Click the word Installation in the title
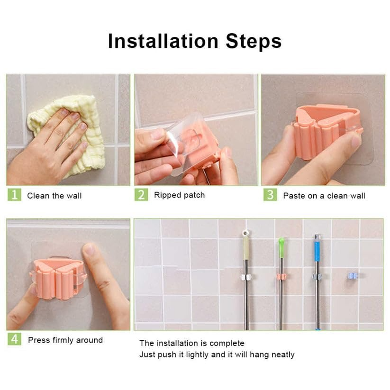[x=156, y=41]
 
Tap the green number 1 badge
[x=14, y=195]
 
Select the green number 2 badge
[x=141, y=195]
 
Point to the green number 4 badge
[x=14, y=339]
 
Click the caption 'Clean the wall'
[x=54, y=196]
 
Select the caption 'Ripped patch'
[x=179, y=195]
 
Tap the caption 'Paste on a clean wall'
[x=324, y=196]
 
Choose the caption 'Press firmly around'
[x=65, y=340]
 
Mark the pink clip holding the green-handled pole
[x=281, y=276]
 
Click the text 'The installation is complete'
[x=191, y=343]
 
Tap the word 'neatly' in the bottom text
[x=282, y=354]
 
